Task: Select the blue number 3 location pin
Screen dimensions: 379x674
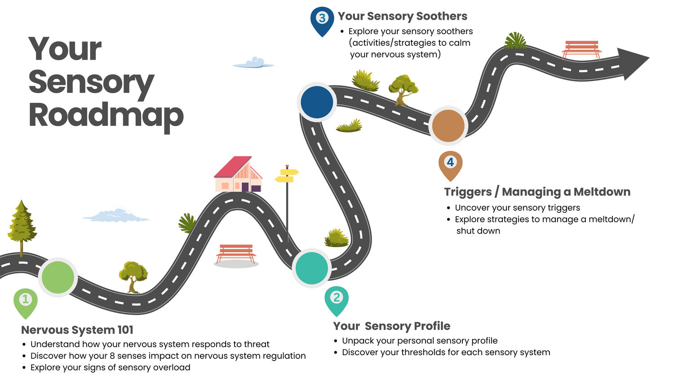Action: click(322, 20)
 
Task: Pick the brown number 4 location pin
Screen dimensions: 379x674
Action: click(450, 164)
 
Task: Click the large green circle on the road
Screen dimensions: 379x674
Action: click(58, 277)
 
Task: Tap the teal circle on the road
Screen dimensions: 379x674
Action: click(312, 268)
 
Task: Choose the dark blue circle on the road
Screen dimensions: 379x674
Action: click(317, 102)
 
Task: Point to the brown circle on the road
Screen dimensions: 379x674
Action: click(448, 126)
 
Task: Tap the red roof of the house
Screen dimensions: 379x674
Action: click(233, 167)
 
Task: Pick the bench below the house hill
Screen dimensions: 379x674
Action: click(236, 253)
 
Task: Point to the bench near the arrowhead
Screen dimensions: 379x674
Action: click(581, 48)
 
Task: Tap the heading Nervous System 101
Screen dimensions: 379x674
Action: click(77, 330)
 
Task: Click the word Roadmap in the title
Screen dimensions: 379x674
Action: click(106, 115)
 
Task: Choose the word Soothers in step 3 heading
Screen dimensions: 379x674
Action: click(442, 16)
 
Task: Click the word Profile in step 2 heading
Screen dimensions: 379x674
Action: click(432, 326)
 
